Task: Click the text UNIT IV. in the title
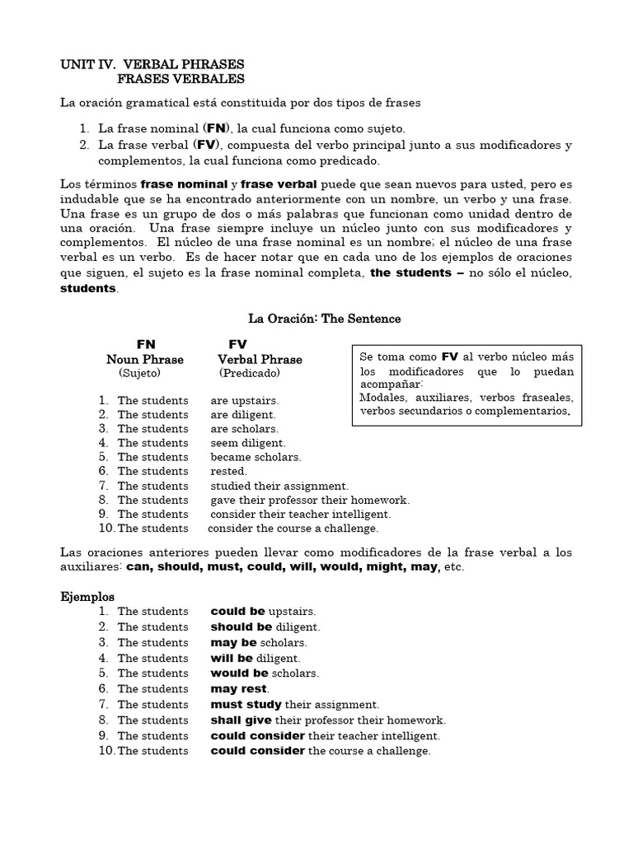click(x=88, y=64)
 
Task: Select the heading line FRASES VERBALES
click(x=181, y=79)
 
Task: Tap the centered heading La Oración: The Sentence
click(x=325, y=318)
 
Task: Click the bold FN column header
click(x=146, y=343)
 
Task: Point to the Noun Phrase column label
click(x=145, y=360)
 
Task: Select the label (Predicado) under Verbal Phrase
click(x=250, y=374)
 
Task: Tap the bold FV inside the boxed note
click(x=449, y=357)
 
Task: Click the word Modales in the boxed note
click(x=382, y=397)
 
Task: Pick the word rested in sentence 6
click(x=228, y=471)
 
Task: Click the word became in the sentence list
click(x=230, y=457)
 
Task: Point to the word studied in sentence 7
click(x=231, y=486)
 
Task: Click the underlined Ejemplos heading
click(x=88, y=596)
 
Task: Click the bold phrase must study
click(x=246, y=705)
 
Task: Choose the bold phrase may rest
click(x=239, y=689)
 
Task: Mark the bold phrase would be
click(x=239, y=673)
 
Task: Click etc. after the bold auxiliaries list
click(x=454, y=567)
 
